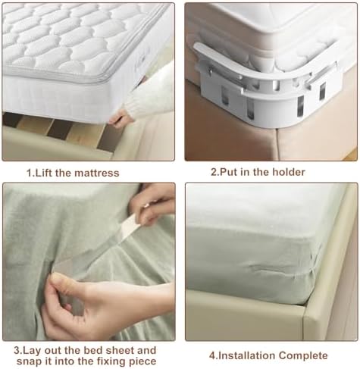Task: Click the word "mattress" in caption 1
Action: coord(97,173)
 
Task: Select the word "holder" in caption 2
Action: coord(289,172)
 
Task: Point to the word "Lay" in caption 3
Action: coord(32,351)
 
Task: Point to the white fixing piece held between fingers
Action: coord(129,227)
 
